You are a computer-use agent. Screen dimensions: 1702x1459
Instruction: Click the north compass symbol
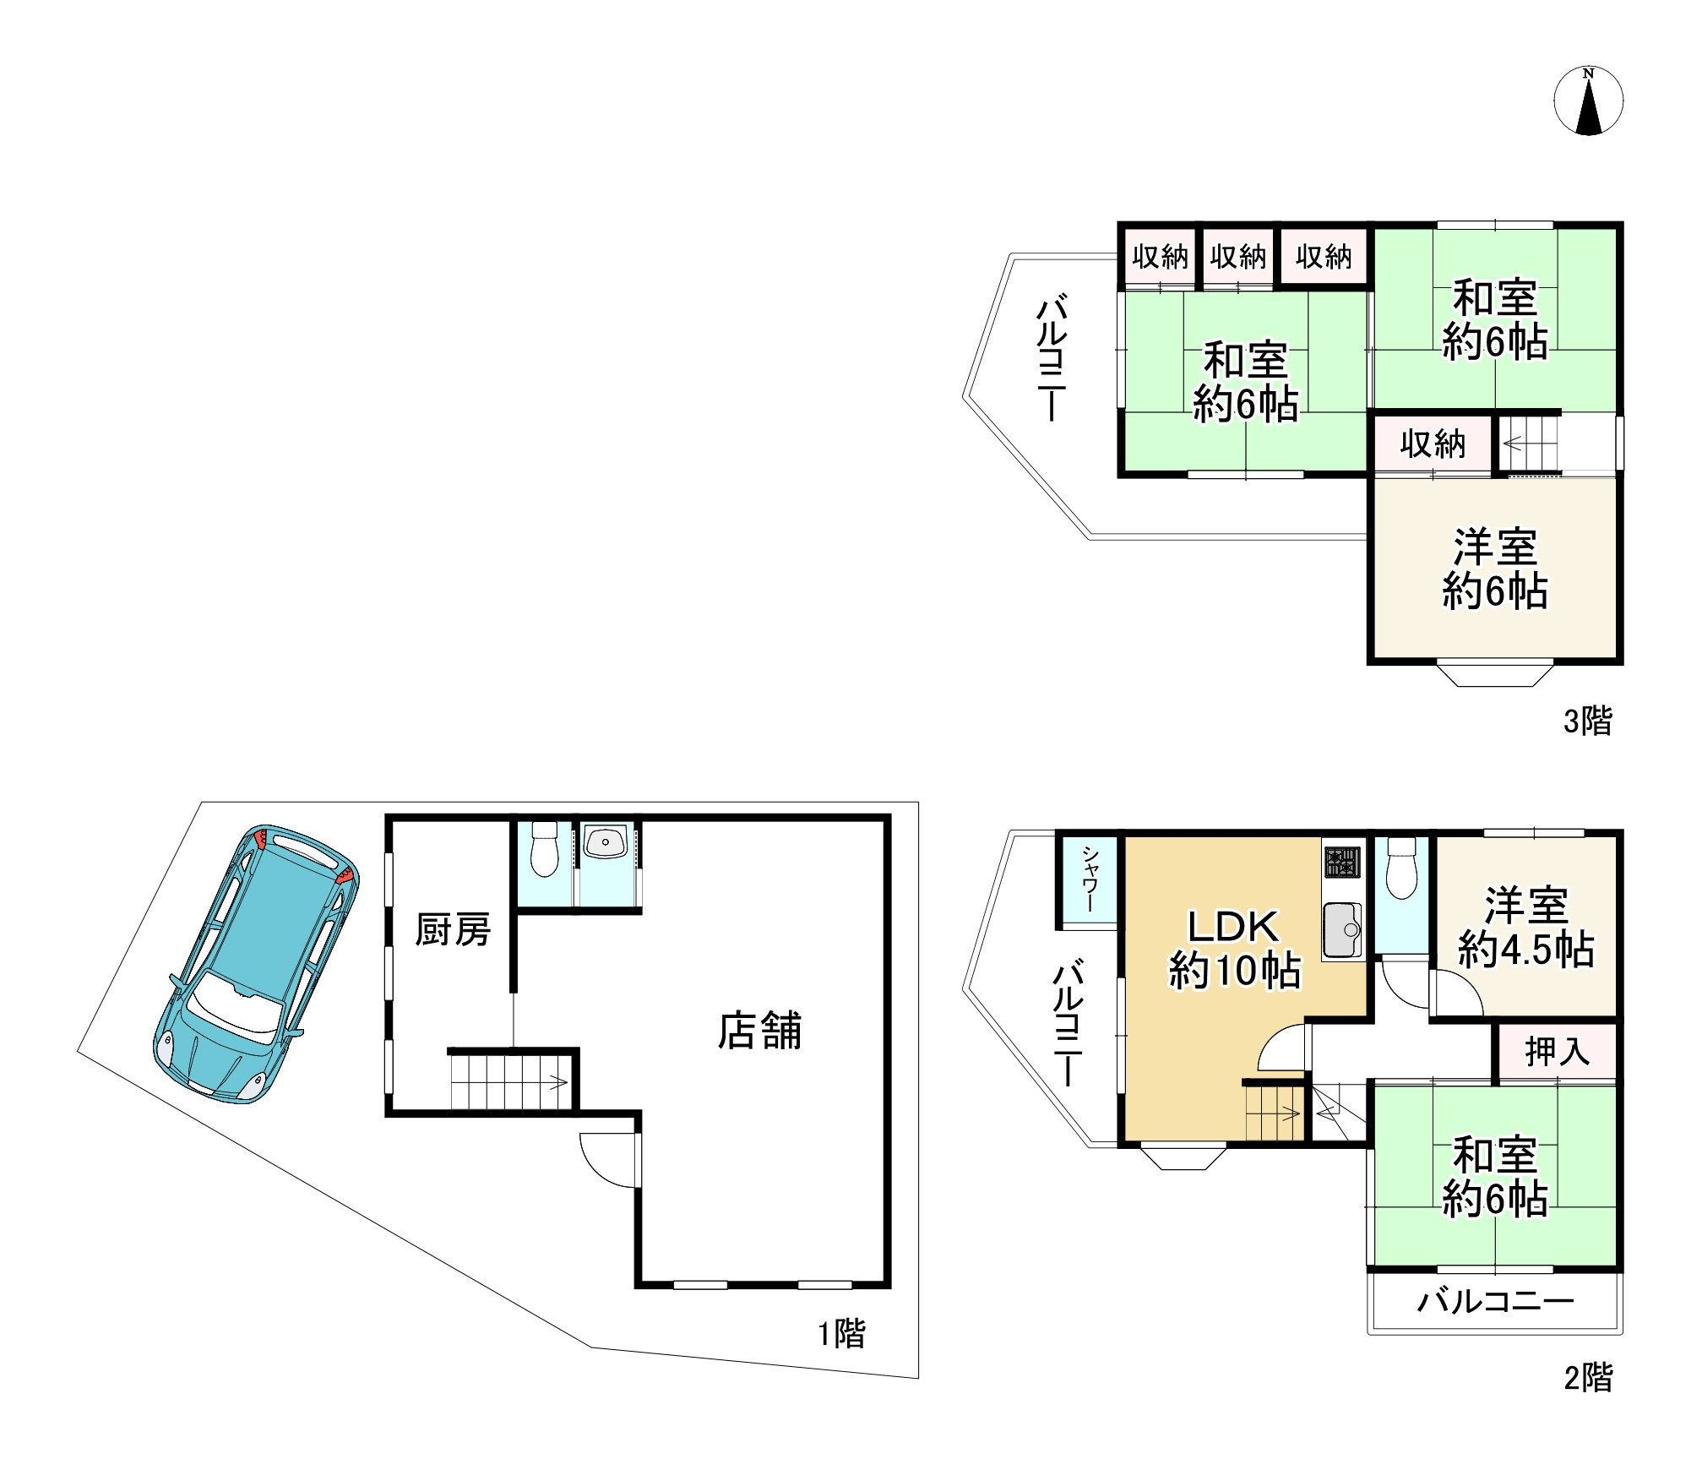(1589, 101)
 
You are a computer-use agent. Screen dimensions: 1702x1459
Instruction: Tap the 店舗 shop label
(759, 1031)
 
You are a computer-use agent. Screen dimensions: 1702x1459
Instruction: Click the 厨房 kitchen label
(453, 930)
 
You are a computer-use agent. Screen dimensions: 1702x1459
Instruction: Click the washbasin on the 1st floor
(606, 842)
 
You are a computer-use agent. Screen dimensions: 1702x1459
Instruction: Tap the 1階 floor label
(841, 1334)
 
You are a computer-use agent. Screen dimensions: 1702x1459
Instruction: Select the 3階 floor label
(1588, 721)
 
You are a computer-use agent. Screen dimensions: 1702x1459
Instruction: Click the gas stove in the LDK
(1343, 863)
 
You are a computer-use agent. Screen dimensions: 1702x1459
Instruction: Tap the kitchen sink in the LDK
(1343, 930)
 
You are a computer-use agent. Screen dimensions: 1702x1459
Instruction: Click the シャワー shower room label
(1090, 880)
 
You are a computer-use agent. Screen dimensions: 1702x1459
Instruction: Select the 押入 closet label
(1557, 1052)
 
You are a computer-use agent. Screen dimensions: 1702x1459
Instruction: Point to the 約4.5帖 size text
(1526, 950)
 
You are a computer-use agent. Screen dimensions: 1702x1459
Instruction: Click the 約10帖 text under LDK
(1235, 971)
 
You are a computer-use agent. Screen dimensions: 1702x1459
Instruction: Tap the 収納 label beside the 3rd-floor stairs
(1433, 444)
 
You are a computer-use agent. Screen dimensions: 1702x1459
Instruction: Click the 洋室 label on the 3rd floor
(1495, 547)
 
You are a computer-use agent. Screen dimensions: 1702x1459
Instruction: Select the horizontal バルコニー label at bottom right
(1495, 1300)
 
